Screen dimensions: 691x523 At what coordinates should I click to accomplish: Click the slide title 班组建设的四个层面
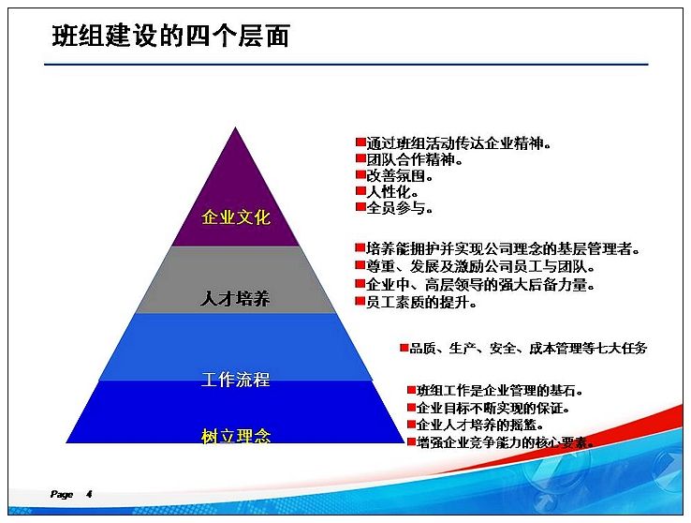coord(170,37)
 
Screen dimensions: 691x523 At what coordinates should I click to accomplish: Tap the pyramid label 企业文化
coord(236,217)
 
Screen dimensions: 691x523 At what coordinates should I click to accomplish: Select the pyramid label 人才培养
coord(235,299)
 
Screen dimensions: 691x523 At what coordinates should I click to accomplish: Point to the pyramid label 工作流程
coord(235,380)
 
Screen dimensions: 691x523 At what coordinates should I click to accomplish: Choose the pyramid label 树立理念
coord(236,436)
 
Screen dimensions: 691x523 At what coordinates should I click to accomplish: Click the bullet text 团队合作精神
coord(414,159)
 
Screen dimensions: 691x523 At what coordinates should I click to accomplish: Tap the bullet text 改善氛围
coord(399,175)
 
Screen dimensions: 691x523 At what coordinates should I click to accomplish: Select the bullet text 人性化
coord(392,192)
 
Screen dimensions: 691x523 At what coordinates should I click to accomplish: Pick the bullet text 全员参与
coord(399,208)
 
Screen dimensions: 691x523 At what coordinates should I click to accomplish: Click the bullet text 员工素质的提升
coord(421,303)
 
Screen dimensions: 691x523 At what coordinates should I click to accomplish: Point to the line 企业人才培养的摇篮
coord(480,426)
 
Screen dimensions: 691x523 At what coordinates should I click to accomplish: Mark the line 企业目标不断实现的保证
coord(493,408)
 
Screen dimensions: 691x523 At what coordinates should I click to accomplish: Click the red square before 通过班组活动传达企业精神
coord(360,142)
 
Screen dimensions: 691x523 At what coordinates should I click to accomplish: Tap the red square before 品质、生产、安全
coord(404,348)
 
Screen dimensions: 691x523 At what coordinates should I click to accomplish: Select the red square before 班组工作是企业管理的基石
coord(411,390)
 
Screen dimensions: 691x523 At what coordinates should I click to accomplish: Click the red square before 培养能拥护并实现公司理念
coord(360,247)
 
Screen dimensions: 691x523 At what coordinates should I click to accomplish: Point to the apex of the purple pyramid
coord(235,127)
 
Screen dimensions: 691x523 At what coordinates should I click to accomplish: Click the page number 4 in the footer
coord(89,494)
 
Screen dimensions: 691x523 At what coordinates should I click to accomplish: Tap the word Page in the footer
coord(62,494)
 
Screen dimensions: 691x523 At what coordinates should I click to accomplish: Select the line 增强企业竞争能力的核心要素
coord(506,442)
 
